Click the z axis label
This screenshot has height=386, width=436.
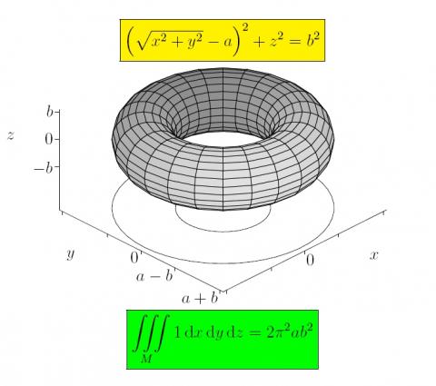(11, 135)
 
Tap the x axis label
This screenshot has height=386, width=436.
(374, 255)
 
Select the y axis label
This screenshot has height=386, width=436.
(71, 253)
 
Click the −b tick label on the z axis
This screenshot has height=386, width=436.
(44, 168)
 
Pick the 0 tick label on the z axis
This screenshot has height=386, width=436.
(49, 140)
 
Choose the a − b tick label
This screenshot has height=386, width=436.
(154, 276)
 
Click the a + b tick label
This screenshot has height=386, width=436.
(200, 299)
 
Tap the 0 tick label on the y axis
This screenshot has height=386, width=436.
(134, 258)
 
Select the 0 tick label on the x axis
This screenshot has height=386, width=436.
(310, 261)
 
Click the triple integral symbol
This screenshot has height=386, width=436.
(151, 333)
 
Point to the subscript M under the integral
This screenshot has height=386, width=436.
(146, 359)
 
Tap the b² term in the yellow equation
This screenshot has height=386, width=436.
(312, 41)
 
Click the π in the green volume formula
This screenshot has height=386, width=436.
(280, 333)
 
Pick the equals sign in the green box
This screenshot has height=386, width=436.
(254, 333)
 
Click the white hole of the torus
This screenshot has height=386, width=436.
(223, 139)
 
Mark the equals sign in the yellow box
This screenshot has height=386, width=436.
(292, 43)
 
